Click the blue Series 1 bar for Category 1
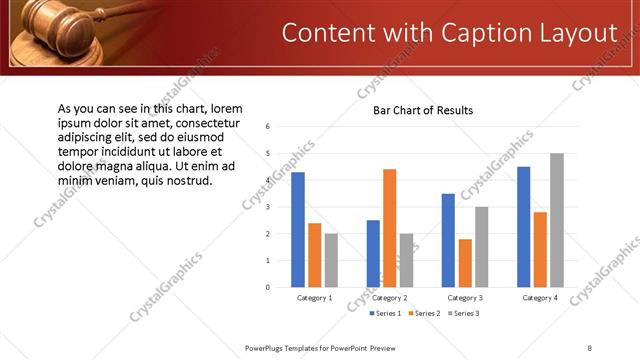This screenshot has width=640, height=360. click(x=298, y=230)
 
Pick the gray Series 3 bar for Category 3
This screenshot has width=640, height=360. click(x=481, y=247)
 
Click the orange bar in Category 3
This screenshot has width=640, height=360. click(x=465, y=263)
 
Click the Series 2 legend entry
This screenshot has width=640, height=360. click(x=425, y=314)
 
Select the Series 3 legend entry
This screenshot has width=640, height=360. click(x=463, y=314)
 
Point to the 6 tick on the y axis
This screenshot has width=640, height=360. click(x=268, y=127)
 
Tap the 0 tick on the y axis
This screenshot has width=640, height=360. click(x=268, y=287)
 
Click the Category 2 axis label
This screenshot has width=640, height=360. click(x=389, y=298)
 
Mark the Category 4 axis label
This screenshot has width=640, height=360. click(x=540, y=298)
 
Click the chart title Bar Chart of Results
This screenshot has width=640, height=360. click(x=423, y=110)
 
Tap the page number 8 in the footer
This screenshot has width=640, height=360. click(x=590, y=347)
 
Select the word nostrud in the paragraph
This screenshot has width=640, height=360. click(x=187, y=180)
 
